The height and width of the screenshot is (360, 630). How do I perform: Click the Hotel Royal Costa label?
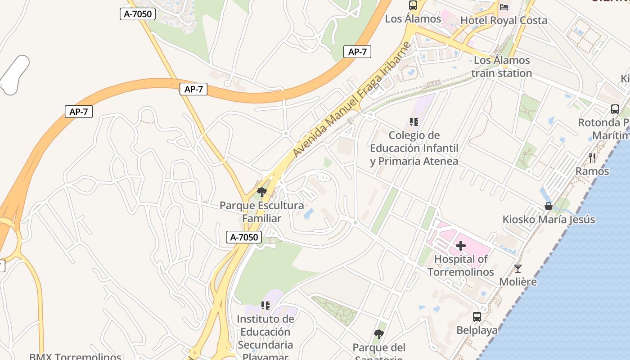click(x=504, y=20)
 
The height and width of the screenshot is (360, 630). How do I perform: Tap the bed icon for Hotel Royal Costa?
click(x=504, y=7)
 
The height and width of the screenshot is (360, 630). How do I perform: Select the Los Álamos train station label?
click(x=502, y=67)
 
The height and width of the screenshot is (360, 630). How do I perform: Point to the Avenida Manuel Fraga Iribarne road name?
click(x=352, y=99)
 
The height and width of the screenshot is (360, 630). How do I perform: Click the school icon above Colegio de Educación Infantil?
click(x=414, y=121)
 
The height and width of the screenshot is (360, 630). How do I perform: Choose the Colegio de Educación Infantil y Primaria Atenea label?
click(x=414, y=148)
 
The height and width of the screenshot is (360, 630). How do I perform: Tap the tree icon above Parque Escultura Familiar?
click(x=261, y=192)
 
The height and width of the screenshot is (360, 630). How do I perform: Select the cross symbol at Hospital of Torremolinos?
click(x=460, y=246)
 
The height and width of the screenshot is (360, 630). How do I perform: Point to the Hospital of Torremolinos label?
click(x=461, y=265)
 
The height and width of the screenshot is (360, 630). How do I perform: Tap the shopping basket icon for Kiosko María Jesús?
click(x=549, y=206)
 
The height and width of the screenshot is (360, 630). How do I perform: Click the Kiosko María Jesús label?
click(x=549, y=220)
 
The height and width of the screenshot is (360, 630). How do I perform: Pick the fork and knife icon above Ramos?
click(x=592, y=157)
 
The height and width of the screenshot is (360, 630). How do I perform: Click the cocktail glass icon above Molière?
click(x=518, y=269)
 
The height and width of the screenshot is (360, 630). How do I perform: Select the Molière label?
click(x=518, y=282)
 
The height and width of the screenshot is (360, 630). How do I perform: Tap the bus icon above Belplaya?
click(x=477, y=317)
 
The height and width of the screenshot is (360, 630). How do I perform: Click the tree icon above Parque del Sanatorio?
click(x=379, y=334)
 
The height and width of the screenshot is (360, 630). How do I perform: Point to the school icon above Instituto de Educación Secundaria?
click(x=265, y=306)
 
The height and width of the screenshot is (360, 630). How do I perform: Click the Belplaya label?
click(x=477, y=330)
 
